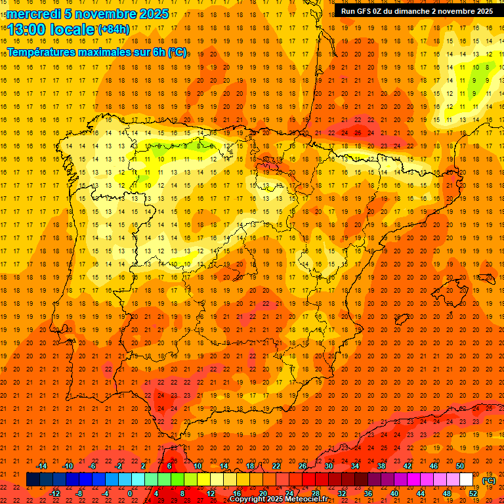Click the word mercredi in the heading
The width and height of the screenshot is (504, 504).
pyautogui.click(x=35, y=14)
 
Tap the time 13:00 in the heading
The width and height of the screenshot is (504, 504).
pyautogui.click(x=26, y=29)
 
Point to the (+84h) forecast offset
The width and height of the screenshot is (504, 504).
pyautogui.click(x=113, y=29)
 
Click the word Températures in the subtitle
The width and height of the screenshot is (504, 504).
pyautogui.click(x=44, y=52)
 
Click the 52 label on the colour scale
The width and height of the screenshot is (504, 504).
pyautogui.click(x=473, y=493)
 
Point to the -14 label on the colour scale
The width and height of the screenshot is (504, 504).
pyautogui.click(x=41, y=466)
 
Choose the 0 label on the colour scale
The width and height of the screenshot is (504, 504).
pyautogui.click(x=130, y=493)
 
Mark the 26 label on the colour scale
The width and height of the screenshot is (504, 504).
pyautogui.click(x=303, y=466)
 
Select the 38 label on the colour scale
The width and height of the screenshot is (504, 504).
pyautogui.click(x=381, y=466)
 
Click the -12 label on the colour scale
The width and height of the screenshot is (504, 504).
pyautogui.click(x=54, y=493)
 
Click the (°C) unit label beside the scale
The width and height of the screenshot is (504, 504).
pyautogui.click(x=488, y=480)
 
